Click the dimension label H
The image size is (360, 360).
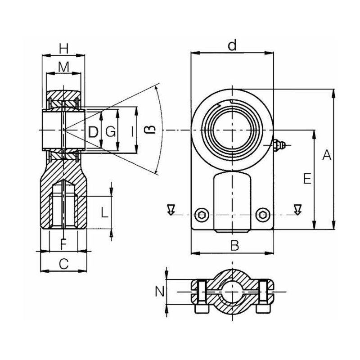pyautogui.click(x=64, y=47)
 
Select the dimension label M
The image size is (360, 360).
pyautogui.click(x=64, y=67)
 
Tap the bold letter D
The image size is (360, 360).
pyautogui.click(x=93, y=132)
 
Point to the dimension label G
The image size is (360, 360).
pyautogui.click(x=110, y=132)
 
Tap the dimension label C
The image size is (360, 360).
pyautogui.click(x=63, y=265)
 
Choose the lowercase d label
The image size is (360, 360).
pyautogui.click(x=232, y=45)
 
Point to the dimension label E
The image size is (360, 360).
pyautogui.click(x=307, y=179)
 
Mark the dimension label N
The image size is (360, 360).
pyautogui.click(x=159, y=292)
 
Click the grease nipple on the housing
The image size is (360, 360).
pyautogui.click(x=279, y=144)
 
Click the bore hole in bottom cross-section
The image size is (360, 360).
pyautogui.click(x=232, y=292)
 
